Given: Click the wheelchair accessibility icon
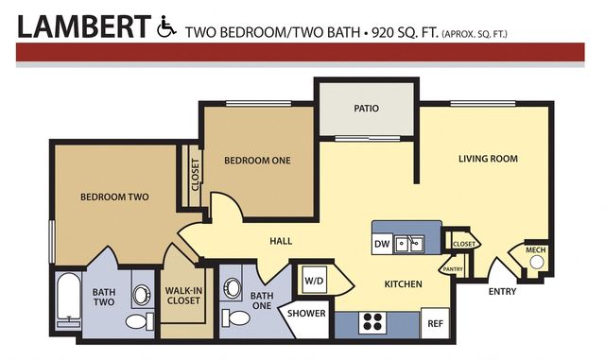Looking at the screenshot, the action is [166, 26].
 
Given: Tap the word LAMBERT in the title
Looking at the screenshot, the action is [84, 26].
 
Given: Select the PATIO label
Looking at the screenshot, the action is [366, 109].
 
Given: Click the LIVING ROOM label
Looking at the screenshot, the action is [488, 159].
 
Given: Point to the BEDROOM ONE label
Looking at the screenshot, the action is [257, 161].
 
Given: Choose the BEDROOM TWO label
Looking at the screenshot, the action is [114, 197].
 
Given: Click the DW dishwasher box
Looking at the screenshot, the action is [382, 244].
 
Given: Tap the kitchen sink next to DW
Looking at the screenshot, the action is [409, 244].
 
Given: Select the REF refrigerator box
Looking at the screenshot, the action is [435, 323].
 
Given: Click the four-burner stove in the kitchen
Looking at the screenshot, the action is [372, 322].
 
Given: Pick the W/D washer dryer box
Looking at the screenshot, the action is [314, 281].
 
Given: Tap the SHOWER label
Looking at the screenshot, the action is [306, 314].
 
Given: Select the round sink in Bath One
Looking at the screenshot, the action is [233, 288].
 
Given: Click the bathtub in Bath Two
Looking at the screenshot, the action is [68, 300].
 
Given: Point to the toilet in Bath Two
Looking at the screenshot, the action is [140, 321].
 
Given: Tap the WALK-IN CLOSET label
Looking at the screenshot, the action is [183, 296].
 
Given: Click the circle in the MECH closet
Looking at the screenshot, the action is [536, 263].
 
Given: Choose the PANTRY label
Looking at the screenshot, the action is [453, 269].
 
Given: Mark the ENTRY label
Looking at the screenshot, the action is [502, 292].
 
